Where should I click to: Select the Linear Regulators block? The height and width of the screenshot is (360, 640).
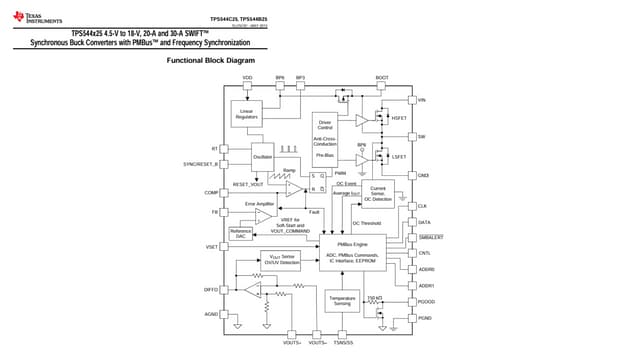click(x=246, y=114)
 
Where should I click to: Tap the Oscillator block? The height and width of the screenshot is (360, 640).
click(x=263, y=157)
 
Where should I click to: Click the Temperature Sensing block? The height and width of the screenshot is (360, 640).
click(x=342, y=300)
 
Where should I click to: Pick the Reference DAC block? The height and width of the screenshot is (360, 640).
click(x=241, y=233)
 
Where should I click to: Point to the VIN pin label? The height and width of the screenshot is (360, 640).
click(x=422, y=100)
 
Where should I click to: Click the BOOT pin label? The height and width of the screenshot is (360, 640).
click(x=381, y=77)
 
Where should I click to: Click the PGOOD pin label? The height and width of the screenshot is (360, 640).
click(x=426, y=301)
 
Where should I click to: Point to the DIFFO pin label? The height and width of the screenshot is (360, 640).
click(x=211, y=289)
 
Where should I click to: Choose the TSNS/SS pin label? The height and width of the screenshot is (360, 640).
click(x=343, y=343)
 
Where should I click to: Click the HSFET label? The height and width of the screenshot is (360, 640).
click(x=399, y=118)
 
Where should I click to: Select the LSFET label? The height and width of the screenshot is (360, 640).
click(x=399, y=156)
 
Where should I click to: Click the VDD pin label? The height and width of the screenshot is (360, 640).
click(x=247, y=77)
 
